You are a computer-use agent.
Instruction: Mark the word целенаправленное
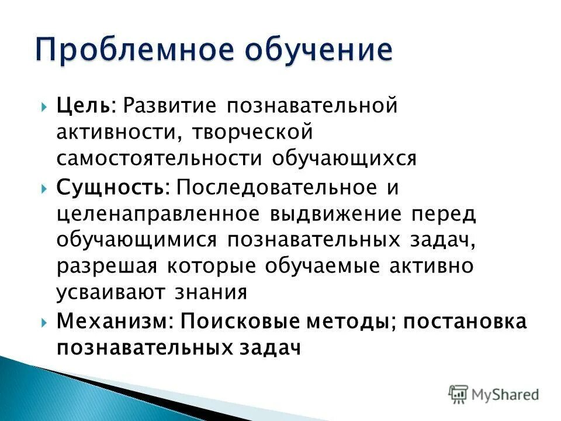click(x=158, y=214)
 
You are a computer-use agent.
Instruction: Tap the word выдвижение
click(x=335, y=214)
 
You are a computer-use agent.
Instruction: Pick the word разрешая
click(x=107, y=266)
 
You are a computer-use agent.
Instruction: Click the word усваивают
click(x=111, y=292)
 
